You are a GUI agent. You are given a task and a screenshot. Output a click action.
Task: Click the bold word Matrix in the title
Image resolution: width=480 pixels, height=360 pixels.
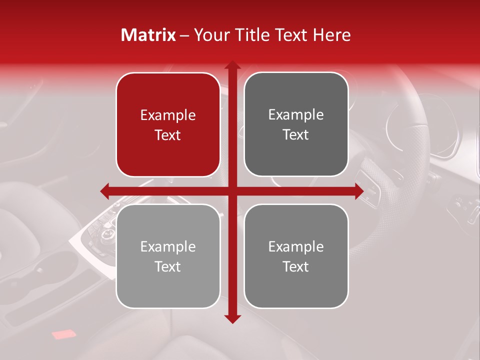pyautogui.click(x=148, y=35)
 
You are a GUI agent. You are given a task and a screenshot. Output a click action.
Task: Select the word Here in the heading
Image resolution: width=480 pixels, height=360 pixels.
pyautogui.click(x=332, y=35)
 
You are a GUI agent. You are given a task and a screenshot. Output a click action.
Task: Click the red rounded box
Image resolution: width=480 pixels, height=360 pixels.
pyautogui.click(x=168, y=125)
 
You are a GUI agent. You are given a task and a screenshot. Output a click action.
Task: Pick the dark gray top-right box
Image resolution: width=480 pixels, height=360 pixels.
pyautogui.click(x=296, y=124)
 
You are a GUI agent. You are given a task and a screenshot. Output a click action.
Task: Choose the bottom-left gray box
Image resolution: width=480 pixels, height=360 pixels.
pyautogui.click(x=168, y=256)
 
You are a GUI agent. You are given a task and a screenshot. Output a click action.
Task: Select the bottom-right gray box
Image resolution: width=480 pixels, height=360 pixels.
pyautogui.click(x=296, y=256)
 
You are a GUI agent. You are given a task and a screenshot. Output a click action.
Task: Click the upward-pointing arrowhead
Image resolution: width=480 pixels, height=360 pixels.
pyautogui.click(x=232, y=65)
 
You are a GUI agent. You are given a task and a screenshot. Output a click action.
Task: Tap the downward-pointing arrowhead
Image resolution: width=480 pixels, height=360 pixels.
pyautogui.click(x=232, y=318)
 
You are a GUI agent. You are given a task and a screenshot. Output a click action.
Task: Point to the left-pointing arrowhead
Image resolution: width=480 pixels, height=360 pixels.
pyautogui.click(x=104, y=190)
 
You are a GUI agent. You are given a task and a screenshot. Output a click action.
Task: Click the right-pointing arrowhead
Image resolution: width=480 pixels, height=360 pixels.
pyautogui.click(x=359, y=190)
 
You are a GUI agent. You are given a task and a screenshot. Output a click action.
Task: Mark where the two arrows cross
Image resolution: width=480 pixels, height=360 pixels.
pyautogui.click(x=232, y=190)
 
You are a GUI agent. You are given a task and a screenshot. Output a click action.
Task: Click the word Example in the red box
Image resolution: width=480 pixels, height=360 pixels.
pyautogui.click(x=168, y=115)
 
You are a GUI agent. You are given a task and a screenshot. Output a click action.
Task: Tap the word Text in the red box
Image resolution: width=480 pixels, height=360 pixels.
pyautogui.click(x=168, y=135)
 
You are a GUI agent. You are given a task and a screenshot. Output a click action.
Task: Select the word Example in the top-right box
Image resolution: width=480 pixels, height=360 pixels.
pyautogui.click(x=296, y=115)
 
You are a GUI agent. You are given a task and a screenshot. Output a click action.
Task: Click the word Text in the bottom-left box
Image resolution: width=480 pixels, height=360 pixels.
pyautogui.click(x=168, y=266)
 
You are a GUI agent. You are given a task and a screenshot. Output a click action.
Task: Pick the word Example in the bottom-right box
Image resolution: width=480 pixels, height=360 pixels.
pyautogui.click(x=296, y=246)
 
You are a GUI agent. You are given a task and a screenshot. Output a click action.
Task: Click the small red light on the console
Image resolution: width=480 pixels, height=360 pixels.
pyautogui.click(x=62, y=334)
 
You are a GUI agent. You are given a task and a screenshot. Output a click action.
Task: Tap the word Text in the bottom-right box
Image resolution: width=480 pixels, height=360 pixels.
pyautogui.click(x=296, y=266)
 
